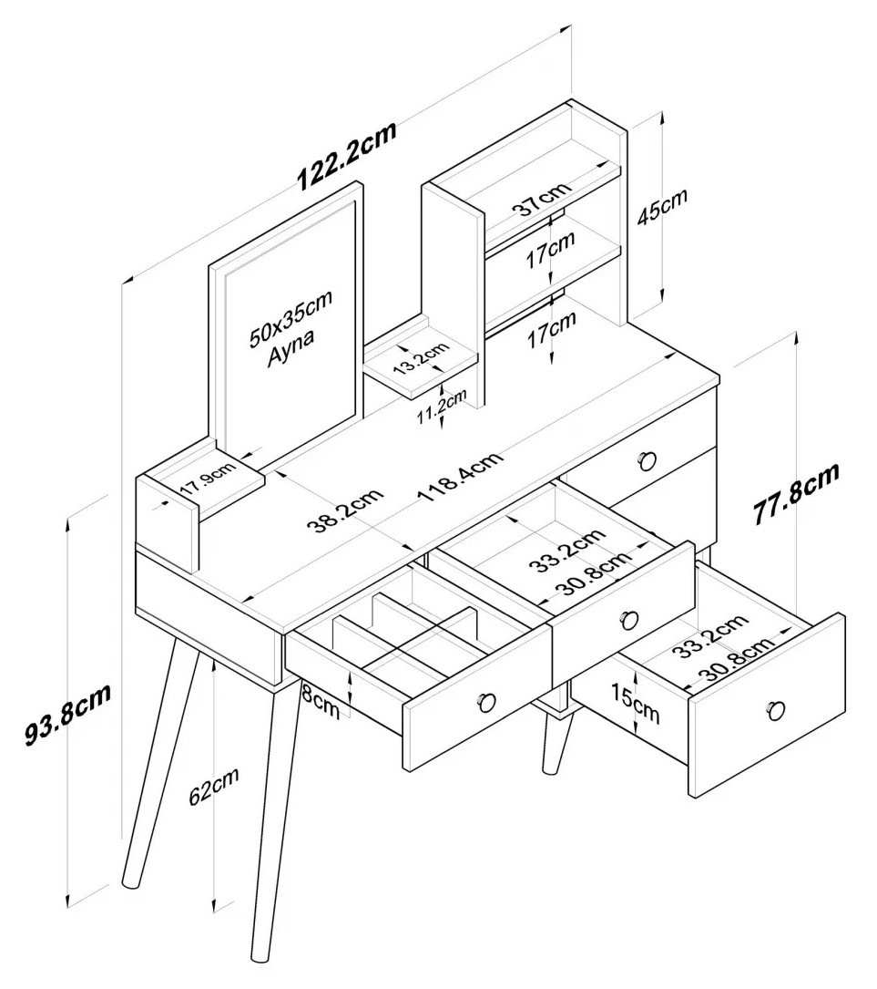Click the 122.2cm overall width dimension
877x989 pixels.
point(347,156)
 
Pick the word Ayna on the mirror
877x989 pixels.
point(291,348)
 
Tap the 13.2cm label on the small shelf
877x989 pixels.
point(421,358)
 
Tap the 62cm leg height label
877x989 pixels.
point(214,784)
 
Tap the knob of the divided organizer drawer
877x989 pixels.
point(485,702)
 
